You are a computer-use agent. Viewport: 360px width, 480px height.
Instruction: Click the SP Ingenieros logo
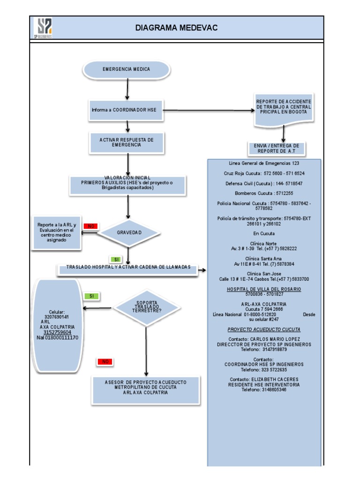coord(42,28)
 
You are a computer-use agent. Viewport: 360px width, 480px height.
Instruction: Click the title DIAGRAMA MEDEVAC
coord(176,28)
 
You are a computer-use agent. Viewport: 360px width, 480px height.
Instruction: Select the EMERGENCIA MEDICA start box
coord(127,69)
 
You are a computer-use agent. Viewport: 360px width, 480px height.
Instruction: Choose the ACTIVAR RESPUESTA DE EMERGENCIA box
coord(127,142)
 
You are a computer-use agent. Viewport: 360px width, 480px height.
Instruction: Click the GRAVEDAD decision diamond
coord(129,232)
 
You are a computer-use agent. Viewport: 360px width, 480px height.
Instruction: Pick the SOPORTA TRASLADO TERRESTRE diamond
coord(146,307)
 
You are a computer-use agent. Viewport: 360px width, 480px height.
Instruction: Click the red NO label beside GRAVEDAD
coord(91,226)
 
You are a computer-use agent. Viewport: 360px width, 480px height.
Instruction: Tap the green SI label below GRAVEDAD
coord(117,259)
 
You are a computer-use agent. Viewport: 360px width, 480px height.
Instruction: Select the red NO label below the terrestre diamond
coord(105,361)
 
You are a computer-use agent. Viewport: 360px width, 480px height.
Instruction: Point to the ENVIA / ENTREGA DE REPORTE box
coord(277,149)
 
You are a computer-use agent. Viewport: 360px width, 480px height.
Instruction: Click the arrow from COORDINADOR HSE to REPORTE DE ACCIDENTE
coord(206,111)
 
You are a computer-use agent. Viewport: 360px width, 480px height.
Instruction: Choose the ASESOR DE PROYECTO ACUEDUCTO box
coord(145,388)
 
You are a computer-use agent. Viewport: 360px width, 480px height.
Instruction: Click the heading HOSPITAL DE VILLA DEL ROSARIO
coord(264,289)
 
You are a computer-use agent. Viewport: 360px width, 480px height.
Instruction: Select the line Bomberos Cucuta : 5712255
coord(264,193)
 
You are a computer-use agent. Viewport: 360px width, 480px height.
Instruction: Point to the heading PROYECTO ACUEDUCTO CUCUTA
coord(264,330)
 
